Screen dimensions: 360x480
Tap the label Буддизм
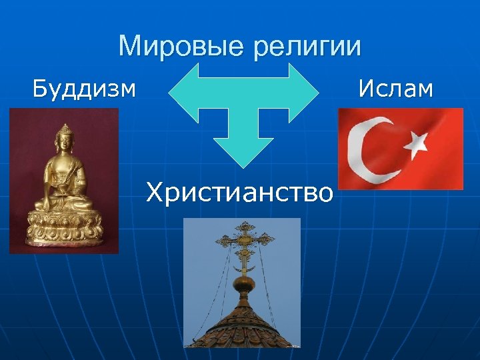(x=84, y=88)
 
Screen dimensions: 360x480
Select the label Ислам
(x=395, y=88)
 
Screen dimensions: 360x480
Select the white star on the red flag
(x=419, y=141)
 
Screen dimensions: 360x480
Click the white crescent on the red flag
(x=373, y=148)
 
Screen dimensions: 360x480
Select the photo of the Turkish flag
(x=400, y=149)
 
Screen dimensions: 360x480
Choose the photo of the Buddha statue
(x=64, y=181)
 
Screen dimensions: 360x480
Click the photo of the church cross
(x=242, y=283)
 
